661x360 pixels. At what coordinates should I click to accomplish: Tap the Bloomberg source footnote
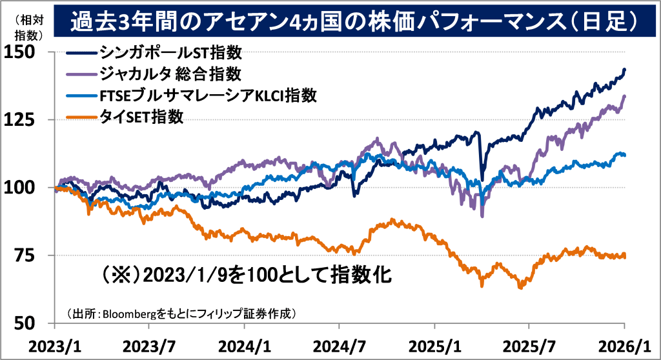[181, 314]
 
